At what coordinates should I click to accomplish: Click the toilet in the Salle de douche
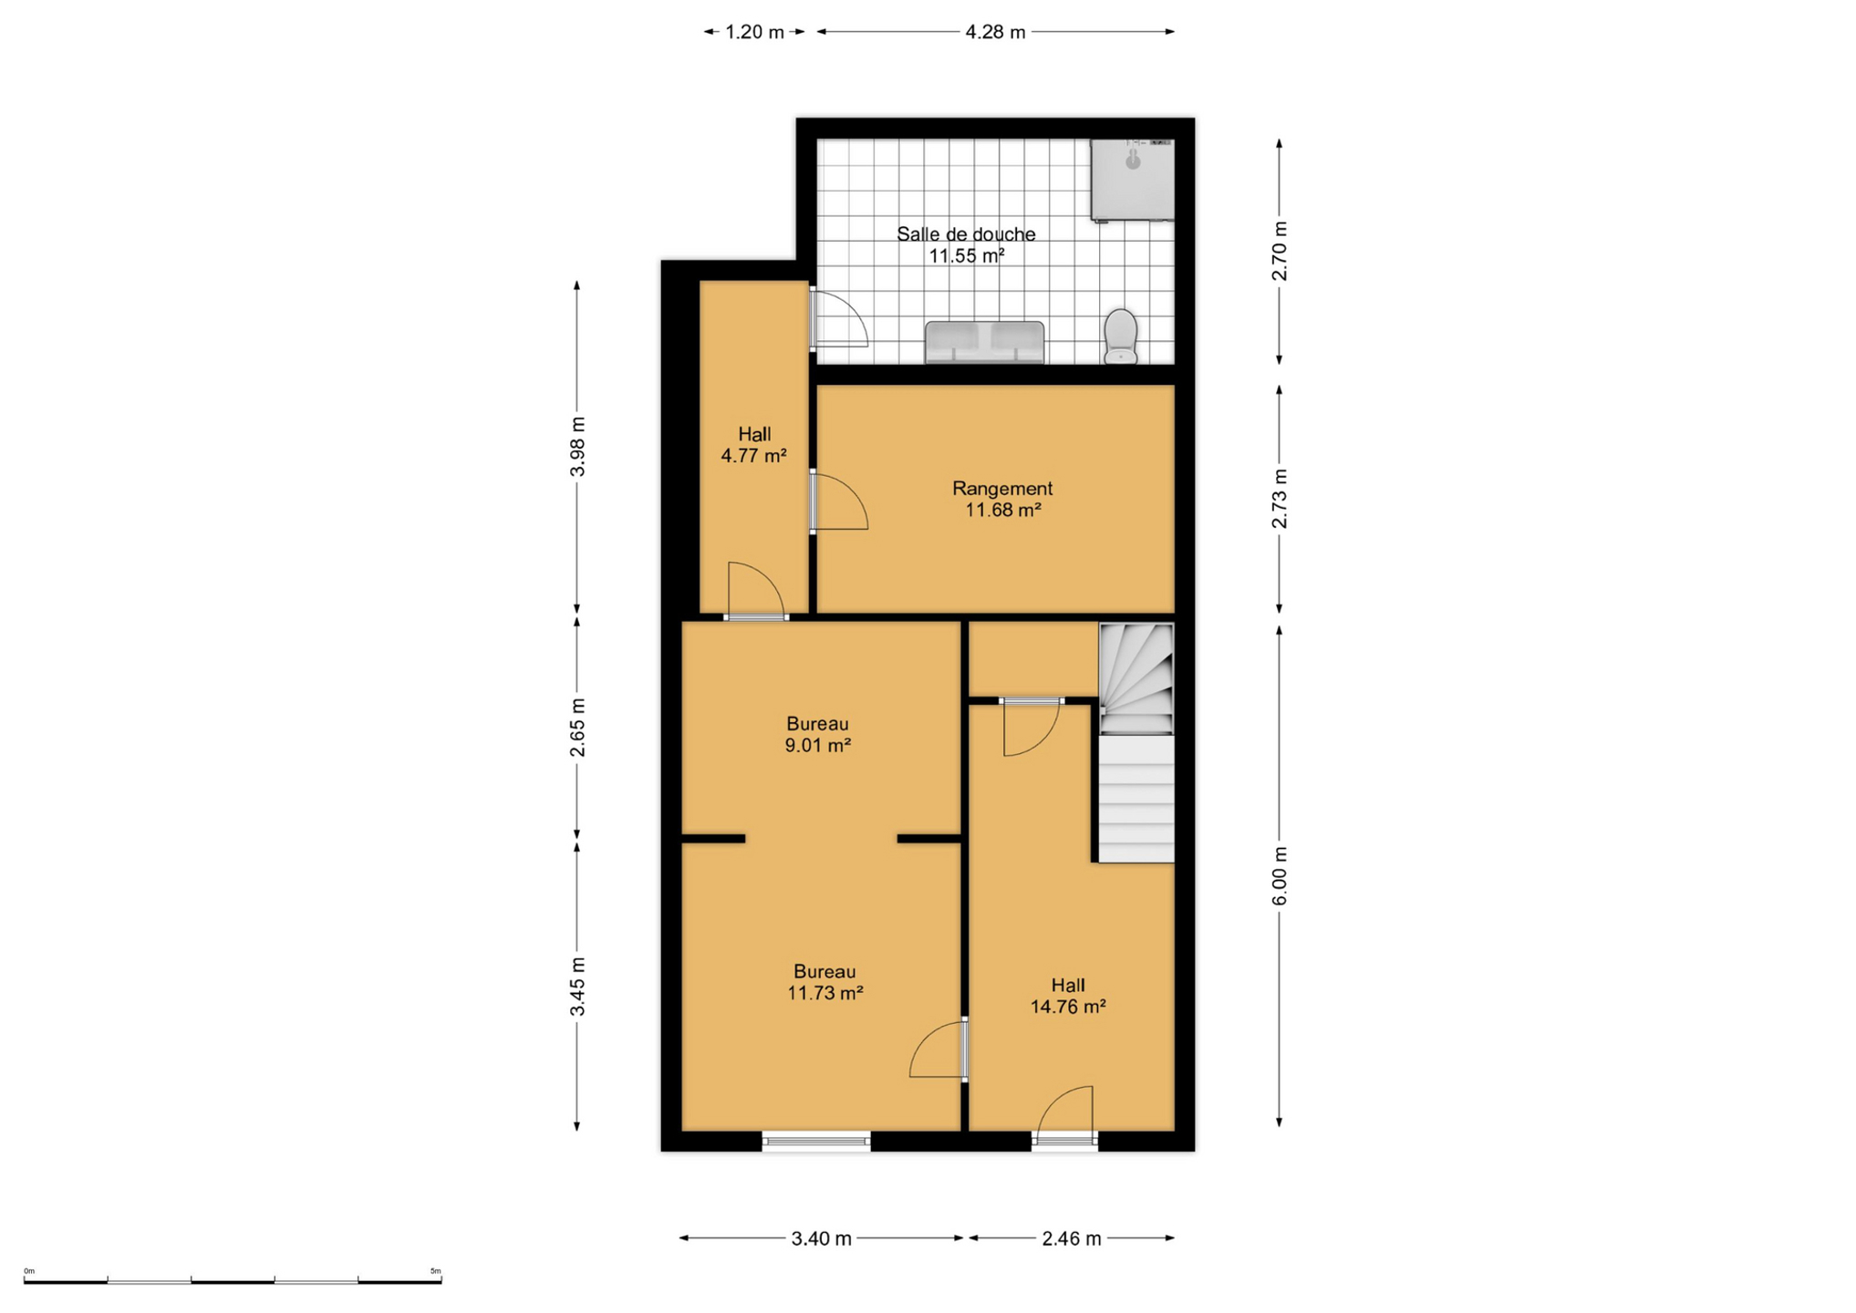click(1120, 336)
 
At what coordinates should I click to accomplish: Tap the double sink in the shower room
click(984, 342)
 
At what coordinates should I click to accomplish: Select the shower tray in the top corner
click(1132, 180)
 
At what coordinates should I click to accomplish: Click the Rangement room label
click(1002, 489)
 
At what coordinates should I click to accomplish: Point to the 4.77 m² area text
click(753, 456)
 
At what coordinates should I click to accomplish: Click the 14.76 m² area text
click(1068, 1007)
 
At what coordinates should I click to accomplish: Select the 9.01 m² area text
click(817, 745)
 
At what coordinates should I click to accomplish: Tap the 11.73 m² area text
click(825, 993)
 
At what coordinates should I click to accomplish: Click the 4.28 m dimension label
click(995, 32)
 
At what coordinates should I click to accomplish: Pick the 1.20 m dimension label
click(754, 32)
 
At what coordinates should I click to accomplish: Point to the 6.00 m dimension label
click(1280, 876)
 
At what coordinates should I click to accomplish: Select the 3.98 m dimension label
click(577, 446)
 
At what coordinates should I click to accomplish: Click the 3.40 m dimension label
click(821, 1238)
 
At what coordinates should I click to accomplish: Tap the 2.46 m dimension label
click(1072, 1238)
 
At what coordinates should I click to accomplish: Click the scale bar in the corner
click(233, 1280)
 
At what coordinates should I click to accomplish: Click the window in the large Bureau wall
click(816, 1141)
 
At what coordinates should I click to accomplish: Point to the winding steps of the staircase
click(1135, 679)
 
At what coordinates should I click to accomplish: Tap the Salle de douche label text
click(966, 234)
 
